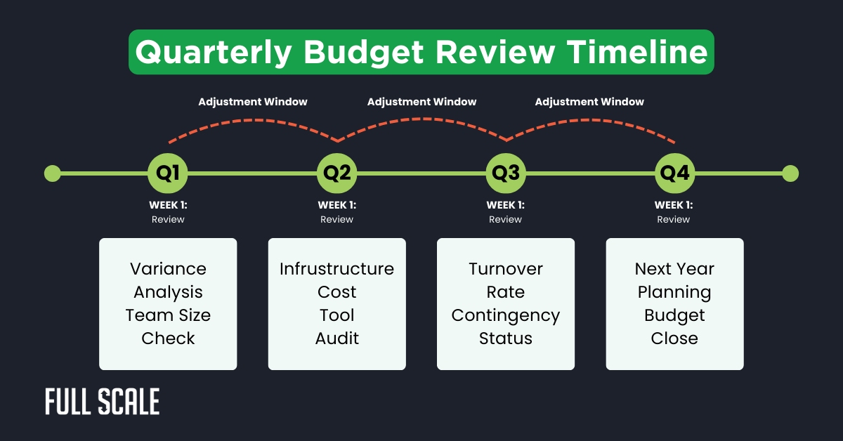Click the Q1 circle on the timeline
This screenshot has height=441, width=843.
point(168,173)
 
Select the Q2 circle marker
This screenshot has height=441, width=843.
point(337,173)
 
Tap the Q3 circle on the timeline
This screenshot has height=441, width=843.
point(506,173)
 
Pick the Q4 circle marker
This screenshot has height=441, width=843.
point(674,173)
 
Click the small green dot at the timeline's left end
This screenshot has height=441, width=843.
point(52,173)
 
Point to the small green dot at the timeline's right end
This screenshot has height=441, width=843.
point(790,173)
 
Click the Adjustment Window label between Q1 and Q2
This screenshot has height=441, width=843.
point(253,102)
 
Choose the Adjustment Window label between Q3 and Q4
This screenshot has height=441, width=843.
point(589,102)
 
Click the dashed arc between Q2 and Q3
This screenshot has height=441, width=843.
point(421,119)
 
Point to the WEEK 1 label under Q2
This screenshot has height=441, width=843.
point(337,205)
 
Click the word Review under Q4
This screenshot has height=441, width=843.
point(674,220)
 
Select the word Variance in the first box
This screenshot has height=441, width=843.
point(168,269)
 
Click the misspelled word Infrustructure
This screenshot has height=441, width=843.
point(337,269)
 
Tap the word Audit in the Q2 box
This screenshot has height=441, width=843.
point(337,338)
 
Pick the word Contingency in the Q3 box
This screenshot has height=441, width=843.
point(506,315)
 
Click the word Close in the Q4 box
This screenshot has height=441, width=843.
point(674,338)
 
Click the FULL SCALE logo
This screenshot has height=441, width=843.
point(103,402)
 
